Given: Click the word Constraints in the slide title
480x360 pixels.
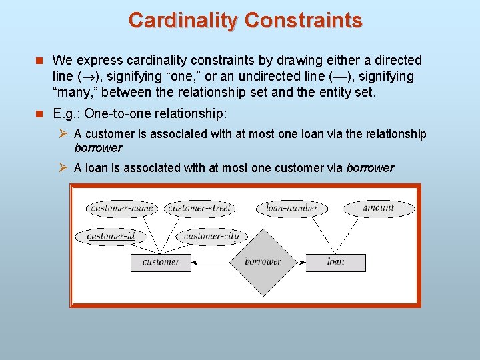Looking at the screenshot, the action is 303,20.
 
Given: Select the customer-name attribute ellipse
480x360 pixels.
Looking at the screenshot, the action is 122,208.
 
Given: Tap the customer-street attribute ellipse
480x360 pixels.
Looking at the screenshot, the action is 199,208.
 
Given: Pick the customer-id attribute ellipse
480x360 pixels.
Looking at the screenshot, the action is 111,236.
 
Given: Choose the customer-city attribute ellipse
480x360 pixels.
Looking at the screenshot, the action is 211,236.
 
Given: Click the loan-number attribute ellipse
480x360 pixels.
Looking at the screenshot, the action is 291,208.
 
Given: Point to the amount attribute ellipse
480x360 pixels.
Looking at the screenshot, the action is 379,208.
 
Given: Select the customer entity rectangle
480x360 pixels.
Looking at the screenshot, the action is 161,262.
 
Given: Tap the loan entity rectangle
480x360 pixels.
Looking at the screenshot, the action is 335,262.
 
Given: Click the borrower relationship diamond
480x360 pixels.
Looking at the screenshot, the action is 262,262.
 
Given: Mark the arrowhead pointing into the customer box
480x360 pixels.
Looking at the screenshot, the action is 195,263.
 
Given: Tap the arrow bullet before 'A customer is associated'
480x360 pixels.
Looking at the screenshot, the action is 64,134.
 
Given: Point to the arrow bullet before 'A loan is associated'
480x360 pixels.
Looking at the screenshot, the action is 64,168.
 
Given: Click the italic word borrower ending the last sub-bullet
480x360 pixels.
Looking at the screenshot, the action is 370,168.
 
